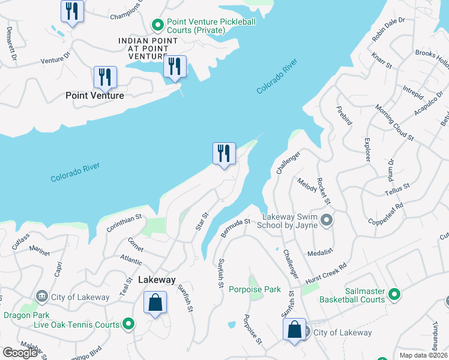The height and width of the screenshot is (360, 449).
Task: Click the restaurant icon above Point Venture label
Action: (105, 77)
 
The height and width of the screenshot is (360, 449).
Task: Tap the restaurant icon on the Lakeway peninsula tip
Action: (224, 154)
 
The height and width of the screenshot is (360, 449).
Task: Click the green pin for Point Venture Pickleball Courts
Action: (157, 25)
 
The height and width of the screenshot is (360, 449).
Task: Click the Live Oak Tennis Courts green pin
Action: (128, 325)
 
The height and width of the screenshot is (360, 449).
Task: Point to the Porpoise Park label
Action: (255, 289)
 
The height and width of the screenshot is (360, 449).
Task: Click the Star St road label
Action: (202, 221)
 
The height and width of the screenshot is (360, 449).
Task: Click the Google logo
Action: (20, 353)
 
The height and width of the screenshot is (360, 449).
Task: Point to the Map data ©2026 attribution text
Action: (423, 355)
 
